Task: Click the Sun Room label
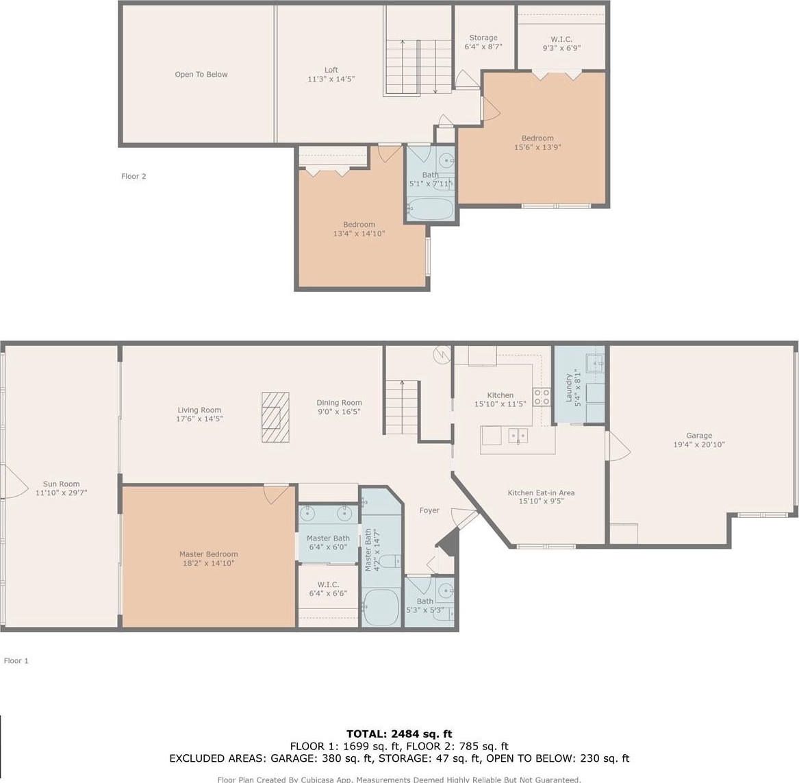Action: (61, 484)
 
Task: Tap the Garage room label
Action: (698, 435)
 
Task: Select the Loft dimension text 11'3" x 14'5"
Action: (331, 79)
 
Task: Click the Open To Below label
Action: (201, 75)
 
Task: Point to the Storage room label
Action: (483, 38)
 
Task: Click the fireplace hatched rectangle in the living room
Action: (275, 417)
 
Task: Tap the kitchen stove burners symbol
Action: (542, 397)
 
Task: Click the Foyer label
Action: (429, 510)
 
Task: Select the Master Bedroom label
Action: (208, 554)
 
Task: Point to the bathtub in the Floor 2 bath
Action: (430, 209)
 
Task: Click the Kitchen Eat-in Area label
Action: (541, 493)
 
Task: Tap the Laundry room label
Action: (569, 388)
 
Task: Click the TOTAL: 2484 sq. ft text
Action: (399, 734)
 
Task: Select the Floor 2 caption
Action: (134, 176)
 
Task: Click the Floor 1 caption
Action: (16, 660)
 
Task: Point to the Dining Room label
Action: (339, 403)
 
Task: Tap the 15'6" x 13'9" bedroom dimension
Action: (537, 147)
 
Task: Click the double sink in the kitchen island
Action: (518, 436)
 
